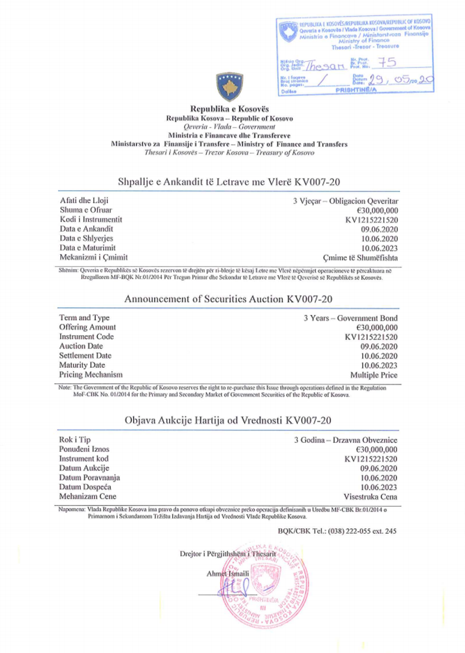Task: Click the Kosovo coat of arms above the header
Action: pos(230,86)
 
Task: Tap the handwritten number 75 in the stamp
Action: pos(387,62)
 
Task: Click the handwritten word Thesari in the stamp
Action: pos(325,65)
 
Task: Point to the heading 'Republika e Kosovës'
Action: pos(230,109)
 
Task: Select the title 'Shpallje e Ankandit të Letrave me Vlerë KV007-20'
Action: pos(229,182)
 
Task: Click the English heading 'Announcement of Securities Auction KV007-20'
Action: pos(228,299)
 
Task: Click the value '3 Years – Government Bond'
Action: pos(351,318)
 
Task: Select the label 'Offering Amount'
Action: pos(87,327)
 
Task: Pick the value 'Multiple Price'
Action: pos(374,375)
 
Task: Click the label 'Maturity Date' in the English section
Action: pos(82,365)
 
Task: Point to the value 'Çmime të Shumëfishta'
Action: pos(360,258)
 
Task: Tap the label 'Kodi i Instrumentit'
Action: pos(91,219)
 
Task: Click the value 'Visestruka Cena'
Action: pos(370,497)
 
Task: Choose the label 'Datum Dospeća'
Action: pos(85,487)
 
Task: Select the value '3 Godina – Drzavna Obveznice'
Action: pos(345,440)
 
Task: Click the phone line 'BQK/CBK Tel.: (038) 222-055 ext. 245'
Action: pos(337,531)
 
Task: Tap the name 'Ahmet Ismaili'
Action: pos(228,574)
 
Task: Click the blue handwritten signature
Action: pos(233,588)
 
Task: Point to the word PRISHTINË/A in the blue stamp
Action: pos(356,90)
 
